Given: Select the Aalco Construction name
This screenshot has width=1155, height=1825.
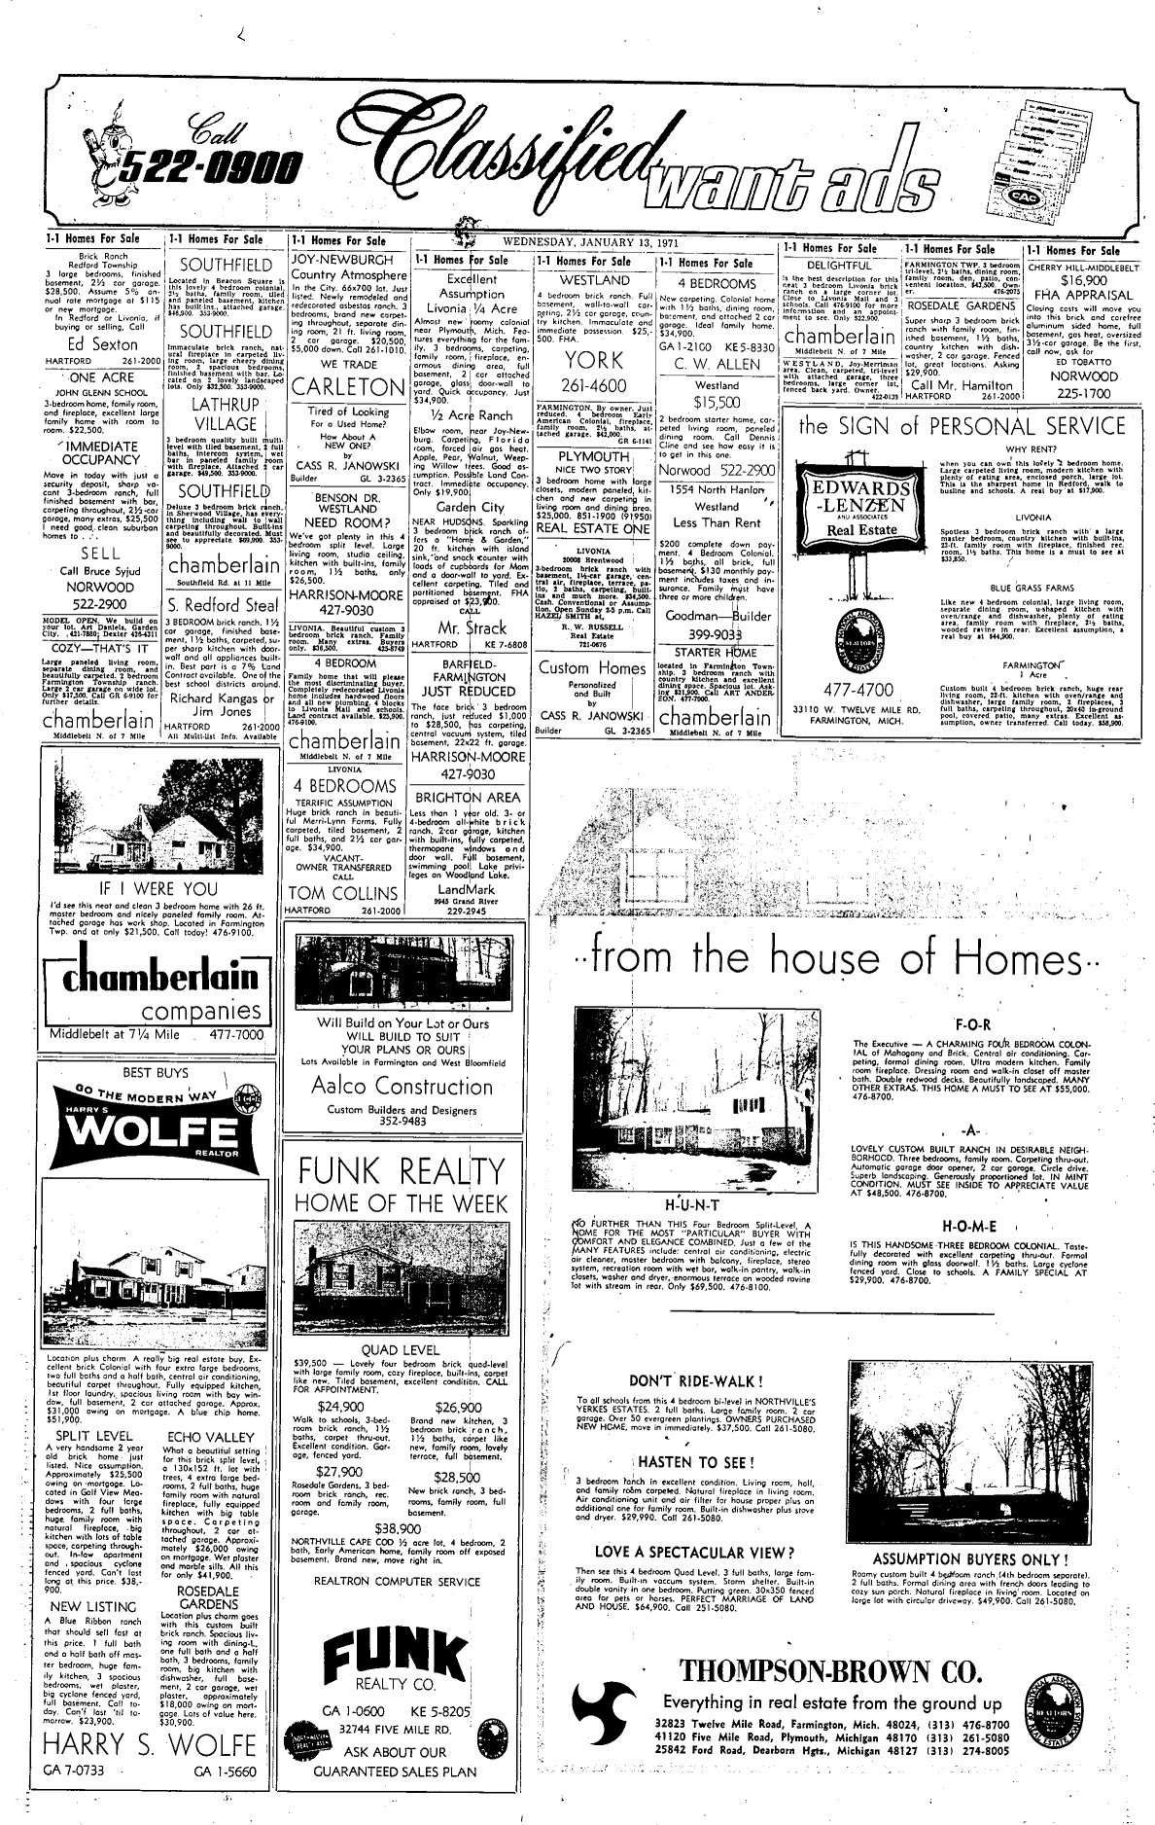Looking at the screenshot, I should coord(393,1087).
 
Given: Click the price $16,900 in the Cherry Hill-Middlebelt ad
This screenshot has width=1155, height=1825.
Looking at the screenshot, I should coord(1089,279).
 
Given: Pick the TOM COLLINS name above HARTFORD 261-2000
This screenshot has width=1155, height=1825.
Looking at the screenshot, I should coord(344,893).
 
